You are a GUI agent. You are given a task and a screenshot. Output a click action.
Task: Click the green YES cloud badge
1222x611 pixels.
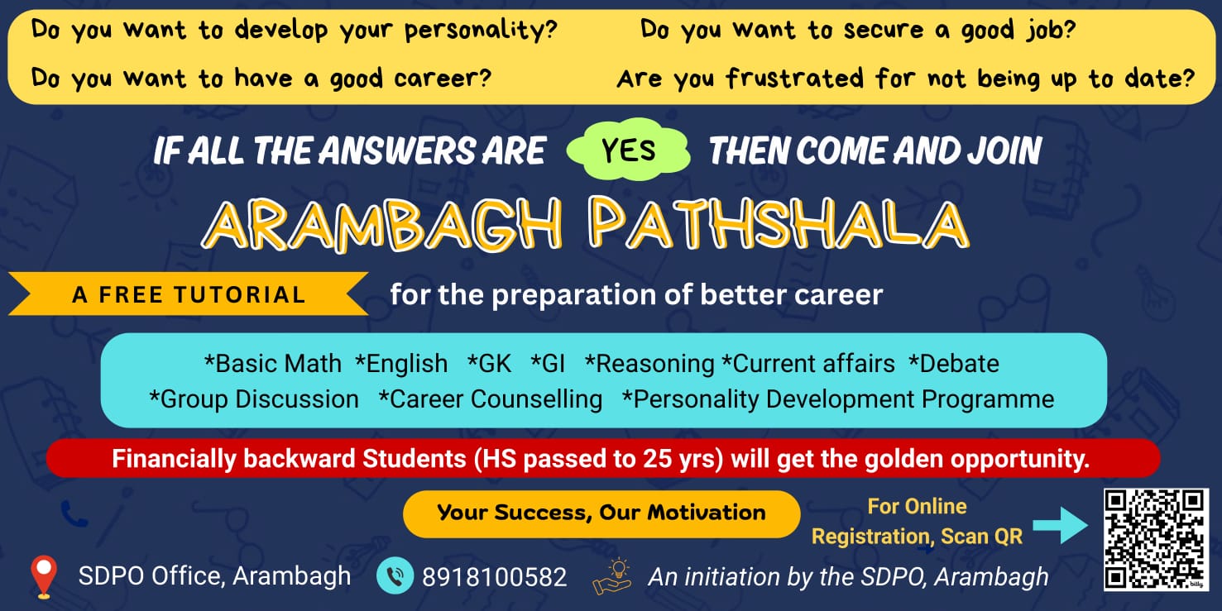pos(629,150)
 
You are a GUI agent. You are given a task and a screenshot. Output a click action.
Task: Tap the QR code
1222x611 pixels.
pos(1156,539)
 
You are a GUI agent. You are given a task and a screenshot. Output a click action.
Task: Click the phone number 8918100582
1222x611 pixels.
pos(494,577)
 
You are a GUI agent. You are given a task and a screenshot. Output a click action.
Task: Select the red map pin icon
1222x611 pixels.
pos(44,576)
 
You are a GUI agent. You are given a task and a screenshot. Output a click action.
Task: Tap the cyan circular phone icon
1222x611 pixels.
pos(395,575)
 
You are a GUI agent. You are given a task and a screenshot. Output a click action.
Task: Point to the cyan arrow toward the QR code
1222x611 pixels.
pos(1060,525)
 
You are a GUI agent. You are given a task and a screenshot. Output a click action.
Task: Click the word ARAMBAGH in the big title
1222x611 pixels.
pos(381,224)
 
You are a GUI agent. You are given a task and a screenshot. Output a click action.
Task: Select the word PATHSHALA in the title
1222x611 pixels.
pos(779,223)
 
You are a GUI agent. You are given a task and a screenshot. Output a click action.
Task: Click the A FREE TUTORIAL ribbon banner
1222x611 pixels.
pos(188,294)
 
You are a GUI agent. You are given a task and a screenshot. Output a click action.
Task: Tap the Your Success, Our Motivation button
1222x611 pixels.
pos(601,513)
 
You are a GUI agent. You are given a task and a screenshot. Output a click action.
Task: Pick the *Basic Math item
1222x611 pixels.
pos(273,364)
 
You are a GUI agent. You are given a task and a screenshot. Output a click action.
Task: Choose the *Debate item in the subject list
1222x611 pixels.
pos(954,364)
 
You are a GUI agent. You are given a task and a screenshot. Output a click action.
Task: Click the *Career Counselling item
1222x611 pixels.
pos(491,399)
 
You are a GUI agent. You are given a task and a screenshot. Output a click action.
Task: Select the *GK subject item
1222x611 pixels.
pos(489,364)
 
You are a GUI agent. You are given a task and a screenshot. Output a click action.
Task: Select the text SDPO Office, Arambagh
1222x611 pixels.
pos(214,576)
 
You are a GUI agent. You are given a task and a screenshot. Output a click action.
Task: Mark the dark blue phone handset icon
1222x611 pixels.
pos(74,514)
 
